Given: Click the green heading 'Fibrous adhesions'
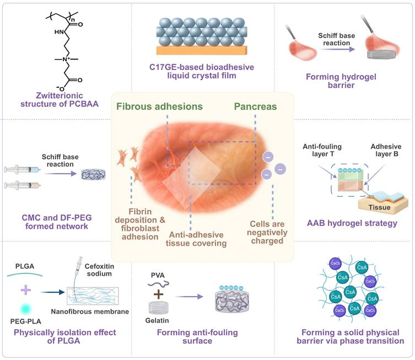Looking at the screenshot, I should coord(159,105).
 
